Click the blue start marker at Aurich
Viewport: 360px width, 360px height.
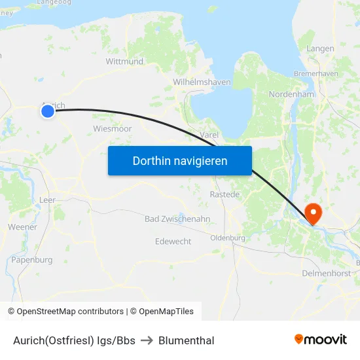pos(47,111)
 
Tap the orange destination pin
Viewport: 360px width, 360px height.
pos(313,212)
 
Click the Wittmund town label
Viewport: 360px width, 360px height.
pos(124,62)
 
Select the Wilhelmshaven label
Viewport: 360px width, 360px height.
pos(202,82)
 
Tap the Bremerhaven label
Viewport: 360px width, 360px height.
pos(316,73)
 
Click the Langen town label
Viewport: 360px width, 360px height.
pos(320,48)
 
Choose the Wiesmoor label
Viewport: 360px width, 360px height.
pos(113,128)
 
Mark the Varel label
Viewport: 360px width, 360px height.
pos(209,135)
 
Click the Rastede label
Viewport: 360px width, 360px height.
pos(225,194)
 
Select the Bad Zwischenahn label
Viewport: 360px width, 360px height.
pos(177,219)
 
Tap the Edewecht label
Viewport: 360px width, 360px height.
pos(173,242)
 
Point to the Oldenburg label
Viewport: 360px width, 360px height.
pos(228,238)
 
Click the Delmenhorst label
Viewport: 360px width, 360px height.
pos(327,272)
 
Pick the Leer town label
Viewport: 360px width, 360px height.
pos(48,200)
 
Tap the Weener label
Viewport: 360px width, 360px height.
pos(22,226)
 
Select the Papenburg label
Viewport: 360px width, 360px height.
pos(31,260)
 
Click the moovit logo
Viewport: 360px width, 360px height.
pos(321,339)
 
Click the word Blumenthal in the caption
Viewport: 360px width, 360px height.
pos(187,340)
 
